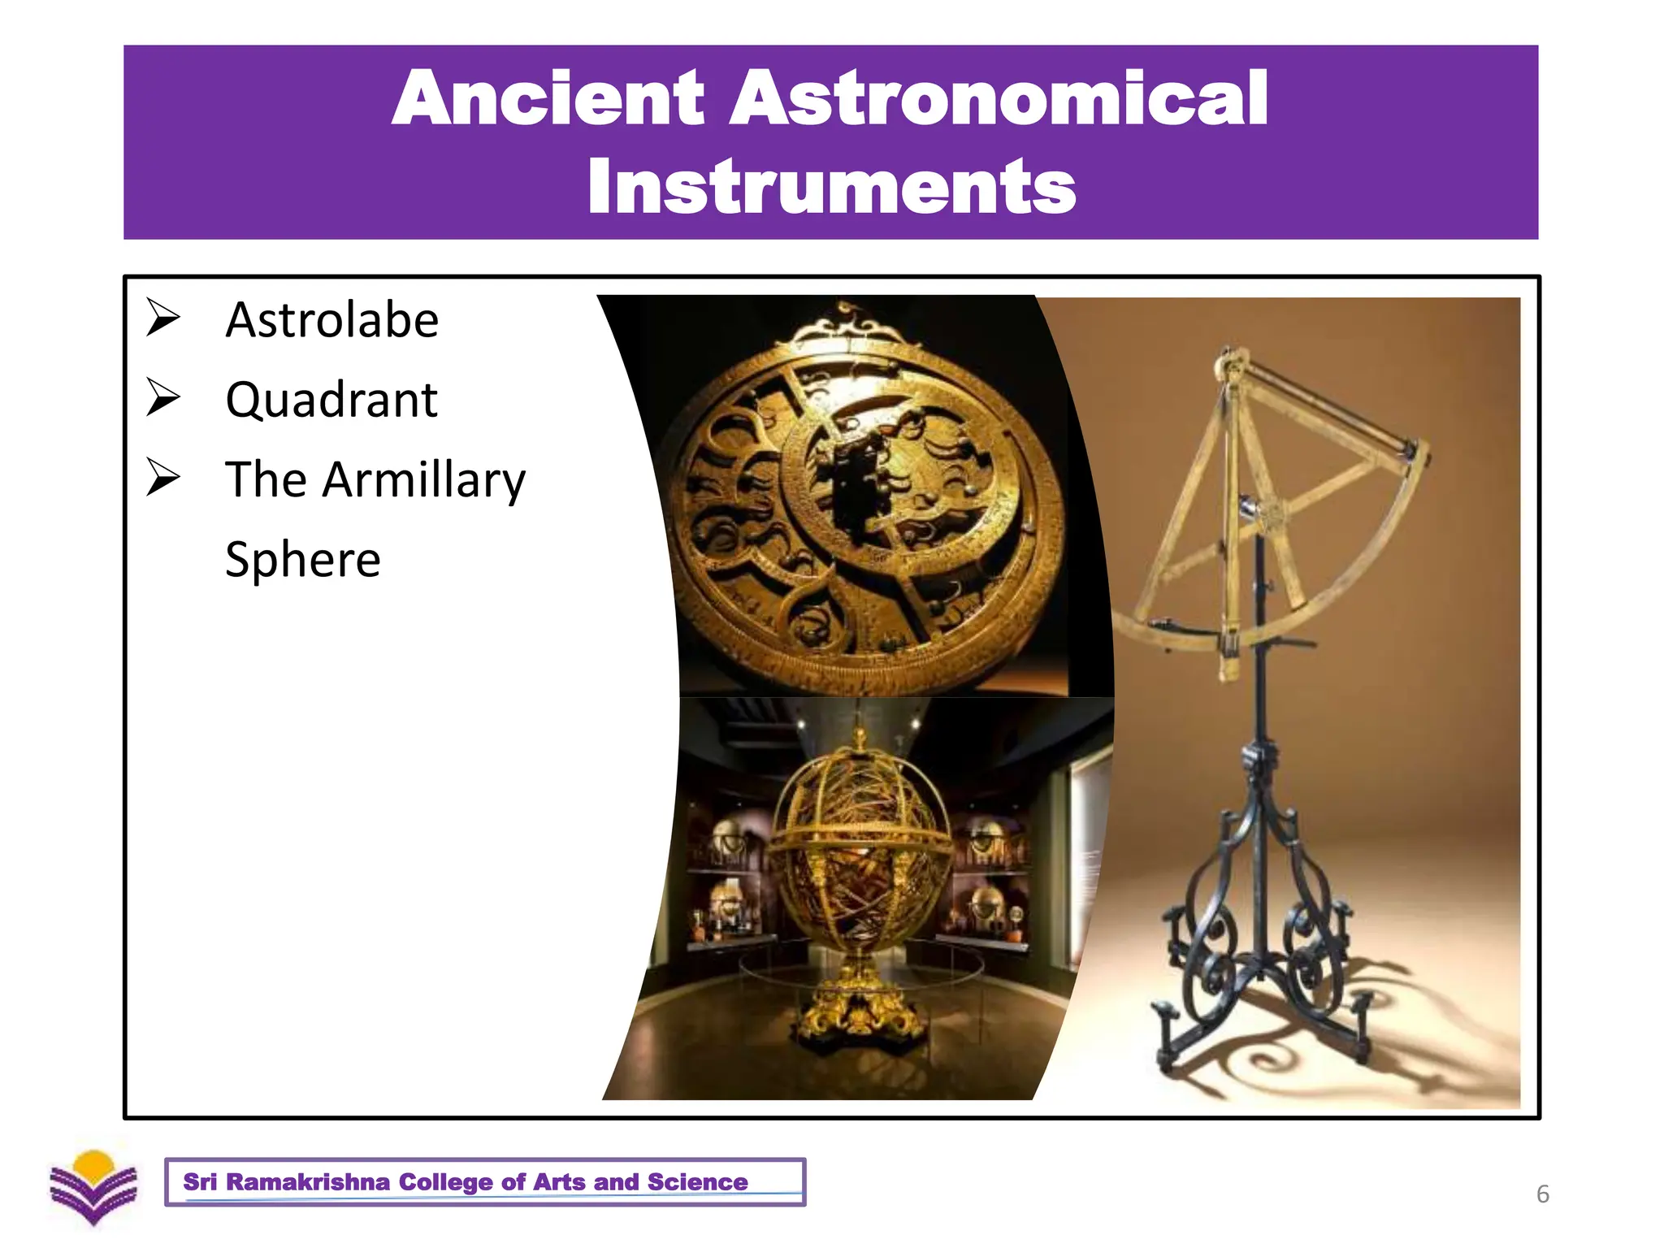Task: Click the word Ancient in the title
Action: [547, 98]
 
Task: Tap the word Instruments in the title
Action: [831, 188]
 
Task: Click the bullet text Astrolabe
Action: [331, 320]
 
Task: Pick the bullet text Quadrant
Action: [331, 400]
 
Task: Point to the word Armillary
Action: [423, 480]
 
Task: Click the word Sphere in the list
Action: [302, 560]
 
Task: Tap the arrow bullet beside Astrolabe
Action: [163, 318]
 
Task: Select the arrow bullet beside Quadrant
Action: [163, 397]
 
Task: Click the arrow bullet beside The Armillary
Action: [163, 477]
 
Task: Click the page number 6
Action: [1542, 1194]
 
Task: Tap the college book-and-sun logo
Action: [93, 1187]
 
